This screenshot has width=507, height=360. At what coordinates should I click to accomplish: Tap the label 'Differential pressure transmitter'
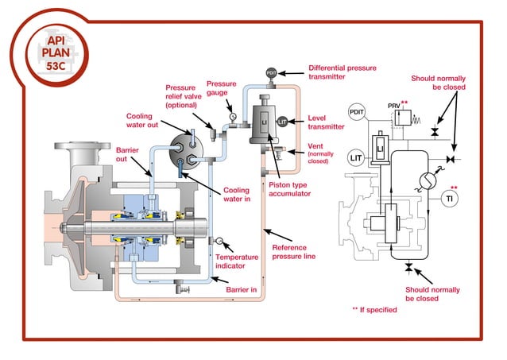342,73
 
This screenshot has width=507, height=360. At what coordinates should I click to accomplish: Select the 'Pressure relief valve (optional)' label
184,97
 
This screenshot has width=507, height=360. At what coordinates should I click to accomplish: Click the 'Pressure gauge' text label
222,88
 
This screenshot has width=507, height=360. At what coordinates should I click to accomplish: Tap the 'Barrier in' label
242,291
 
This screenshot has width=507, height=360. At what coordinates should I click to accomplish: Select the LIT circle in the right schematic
357,157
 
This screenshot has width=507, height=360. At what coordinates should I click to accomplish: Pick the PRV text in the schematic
394,105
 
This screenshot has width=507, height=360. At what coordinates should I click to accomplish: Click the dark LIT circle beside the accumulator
284,121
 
